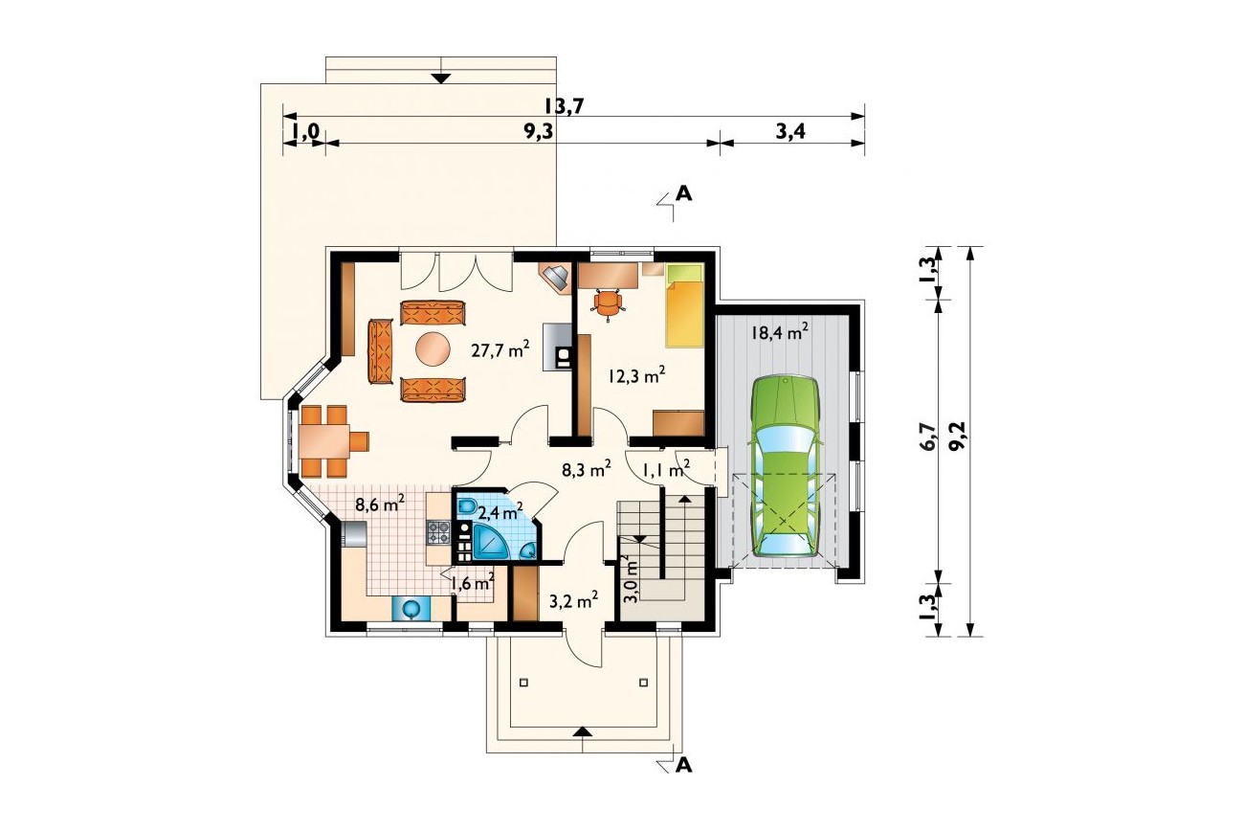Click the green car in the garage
[x=786, y=465]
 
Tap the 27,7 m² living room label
[x=500, y=349]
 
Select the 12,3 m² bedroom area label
[x=636, y=375]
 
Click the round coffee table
[x=433, y=348]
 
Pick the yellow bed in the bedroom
[x=685, y=305]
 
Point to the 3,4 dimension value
[x=789, y=132]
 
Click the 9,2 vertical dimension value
[x=958, y=437]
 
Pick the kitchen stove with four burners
[x=438, y=531]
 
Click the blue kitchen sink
[x=411, y=608]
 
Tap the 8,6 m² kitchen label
[x=380, y=505]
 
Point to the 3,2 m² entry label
[x=573, y=600]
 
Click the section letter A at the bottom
[x=684, y=766]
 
